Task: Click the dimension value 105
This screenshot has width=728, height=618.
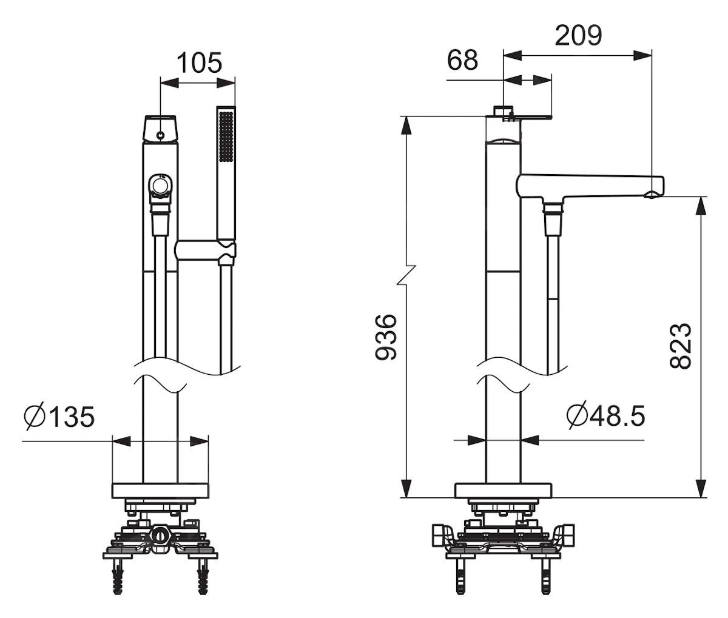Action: (x=200, y=63)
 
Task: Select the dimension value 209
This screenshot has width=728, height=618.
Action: (x=578, y=36)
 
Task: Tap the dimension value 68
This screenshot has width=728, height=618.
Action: (x=462, y=60)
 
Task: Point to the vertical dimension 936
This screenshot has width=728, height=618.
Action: (x=386, y=337)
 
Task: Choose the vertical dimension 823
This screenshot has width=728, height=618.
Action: (x=681, y=346)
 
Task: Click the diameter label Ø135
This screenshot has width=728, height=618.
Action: (x=59, y=417)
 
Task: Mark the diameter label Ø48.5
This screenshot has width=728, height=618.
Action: (x=605, y=415)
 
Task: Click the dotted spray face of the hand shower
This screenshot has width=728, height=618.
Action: (x=226, y=136)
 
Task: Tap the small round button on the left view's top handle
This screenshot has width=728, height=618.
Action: (x=160, y=135)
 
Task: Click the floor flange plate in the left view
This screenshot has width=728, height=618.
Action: (x=160, y=491)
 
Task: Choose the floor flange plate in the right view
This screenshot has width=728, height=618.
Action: (x=503, y=491)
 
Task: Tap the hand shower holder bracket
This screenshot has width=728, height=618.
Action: (x=205, y=250)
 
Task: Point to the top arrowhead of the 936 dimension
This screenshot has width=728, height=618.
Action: (x=406, y=126)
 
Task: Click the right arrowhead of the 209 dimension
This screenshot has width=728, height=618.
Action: (x=642, y=55)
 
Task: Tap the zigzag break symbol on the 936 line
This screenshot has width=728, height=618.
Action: (x=407, y=275)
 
